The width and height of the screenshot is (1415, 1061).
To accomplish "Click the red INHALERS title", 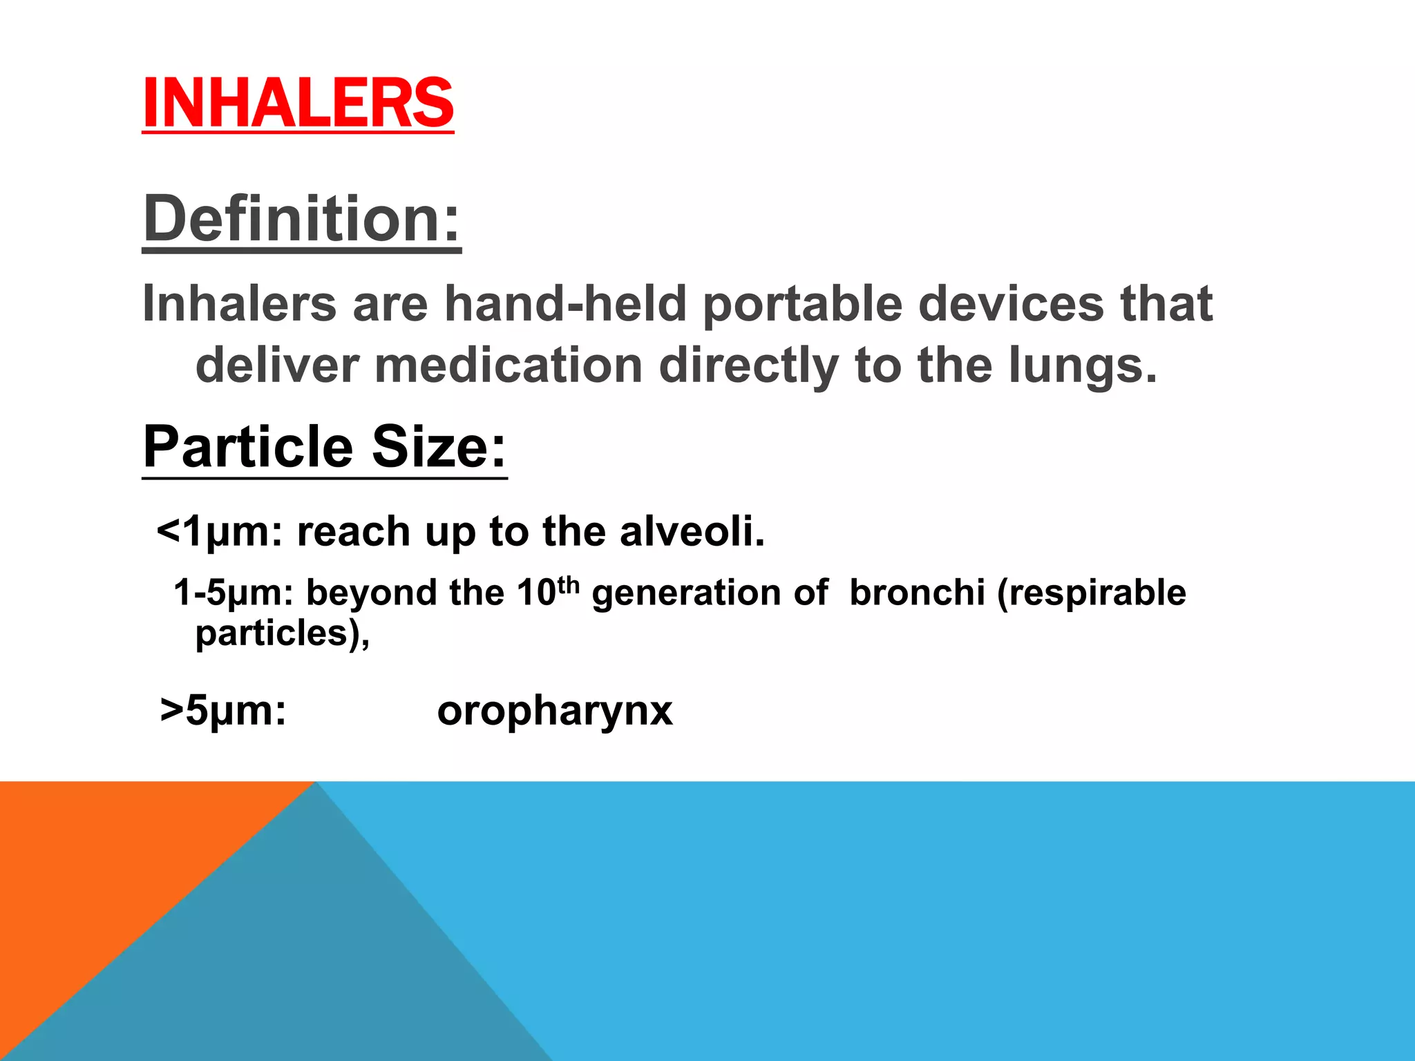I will coord(298,104).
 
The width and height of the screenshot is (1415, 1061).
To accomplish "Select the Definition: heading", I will coord(301,219).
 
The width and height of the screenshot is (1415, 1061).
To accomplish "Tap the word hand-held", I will coord(565,304).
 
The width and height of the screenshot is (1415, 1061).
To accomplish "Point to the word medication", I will coord(509,365).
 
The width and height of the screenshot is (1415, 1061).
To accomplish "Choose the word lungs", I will coord(1081,367).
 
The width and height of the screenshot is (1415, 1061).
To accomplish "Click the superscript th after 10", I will coord(568,584).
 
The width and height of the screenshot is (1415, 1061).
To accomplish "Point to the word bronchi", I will coord(917,593).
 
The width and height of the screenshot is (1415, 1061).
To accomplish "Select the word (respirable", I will coord(1091,593).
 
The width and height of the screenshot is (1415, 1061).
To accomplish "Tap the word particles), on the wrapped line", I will coord(283,633).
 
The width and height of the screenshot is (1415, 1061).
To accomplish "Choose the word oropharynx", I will coord(555,711).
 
